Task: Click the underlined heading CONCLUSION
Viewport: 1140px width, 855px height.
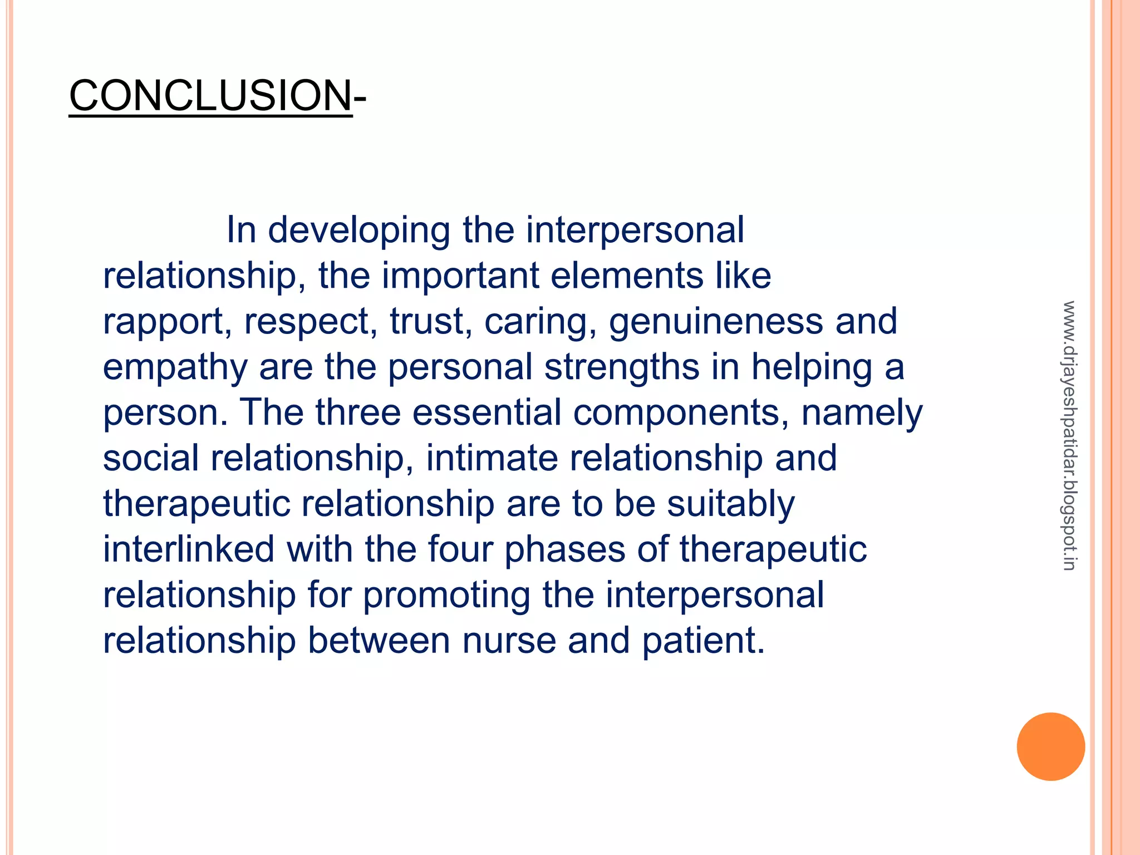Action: coord(210,95)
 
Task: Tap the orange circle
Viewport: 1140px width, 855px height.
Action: coord(1050,746)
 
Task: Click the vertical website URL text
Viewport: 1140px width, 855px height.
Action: coord(1069,435)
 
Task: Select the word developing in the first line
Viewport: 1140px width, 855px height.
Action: coord(359,230)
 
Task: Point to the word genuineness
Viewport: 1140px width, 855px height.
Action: coord(715,322)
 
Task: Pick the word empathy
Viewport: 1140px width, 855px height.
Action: coord(175,367)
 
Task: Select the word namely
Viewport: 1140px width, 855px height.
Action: coord(862,413)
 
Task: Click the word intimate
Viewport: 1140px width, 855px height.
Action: coord(492,459)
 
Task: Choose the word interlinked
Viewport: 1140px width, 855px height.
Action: coord(189,550)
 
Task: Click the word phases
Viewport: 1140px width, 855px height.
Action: coord(565,550)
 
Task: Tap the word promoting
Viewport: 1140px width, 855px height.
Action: coord(447,596)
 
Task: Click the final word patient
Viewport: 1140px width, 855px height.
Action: coord(703,641)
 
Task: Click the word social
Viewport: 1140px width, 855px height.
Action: coord(151,459)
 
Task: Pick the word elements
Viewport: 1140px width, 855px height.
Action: coord(627,276)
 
